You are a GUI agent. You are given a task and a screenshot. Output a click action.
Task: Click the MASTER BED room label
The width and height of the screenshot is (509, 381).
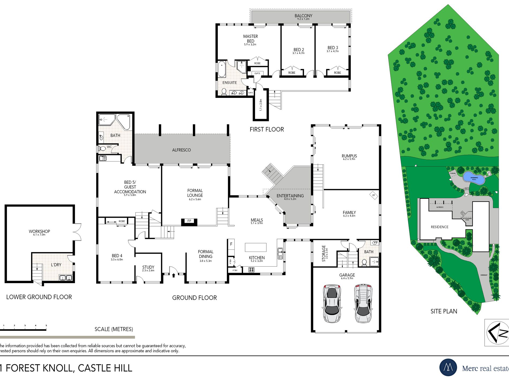coord(250,39)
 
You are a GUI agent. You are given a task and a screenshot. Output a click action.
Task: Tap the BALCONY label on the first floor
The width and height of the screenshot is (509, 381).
coord(303,16)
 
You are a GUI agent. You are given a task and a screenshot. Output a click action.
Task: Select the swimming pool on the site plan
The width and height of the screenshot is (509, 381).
coord(474,178)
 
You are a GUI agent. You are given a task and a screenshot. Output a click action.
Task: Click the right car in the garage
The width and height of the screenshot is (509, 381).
coord(363,303)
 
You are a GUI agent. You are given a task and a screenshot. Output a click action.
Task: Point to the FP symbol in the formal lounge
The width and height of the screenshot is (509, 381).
coord(189,221)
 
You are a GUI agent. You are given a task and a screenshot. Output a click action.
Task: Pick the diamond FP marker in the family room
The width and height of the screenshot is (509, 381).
coord(373,195)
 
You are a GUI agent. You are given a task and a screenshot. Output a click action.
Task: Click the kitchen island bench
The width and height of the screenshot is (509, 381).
coord(256,247)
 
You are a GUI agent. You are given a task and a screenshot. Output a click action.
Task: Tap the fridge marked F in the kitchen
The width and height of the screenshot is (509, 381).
coord(231,244)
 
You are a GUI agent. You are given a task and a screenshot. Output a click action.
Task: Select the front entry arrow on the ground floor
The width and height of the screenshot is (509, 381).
coord(174,275)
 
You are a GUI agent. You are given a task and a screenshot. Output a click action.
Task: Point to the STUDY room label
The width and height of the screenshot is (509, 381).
coord(148,267)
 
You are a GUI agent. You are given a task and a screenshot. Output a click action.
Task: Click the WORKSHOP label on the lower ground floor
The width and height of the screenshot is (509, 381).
coord(39,231)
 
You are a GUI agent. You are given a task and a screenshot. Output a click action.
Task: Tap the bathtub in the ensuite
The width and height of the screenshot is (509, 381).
coord(222,69)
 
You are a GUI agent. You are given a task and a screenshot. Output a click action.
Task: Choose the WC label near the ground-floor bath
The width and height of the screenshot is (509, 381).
coord(109,147)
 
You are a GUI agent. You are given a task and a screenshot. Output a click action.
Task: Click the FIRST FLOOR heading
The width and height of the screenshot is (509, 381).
coord(267,129)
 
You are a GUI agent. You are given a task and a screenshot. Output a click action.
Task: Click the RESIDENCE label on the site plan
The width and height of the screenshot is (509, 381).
coord(439,227)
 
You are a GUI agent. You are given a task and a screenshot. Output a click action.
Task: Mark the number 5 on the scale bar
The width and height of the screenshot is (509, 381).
coord(46,326)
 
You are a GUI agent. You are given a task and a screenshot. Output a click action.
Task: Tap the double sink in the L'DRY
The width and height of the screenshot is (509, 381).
coord(66,278)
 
